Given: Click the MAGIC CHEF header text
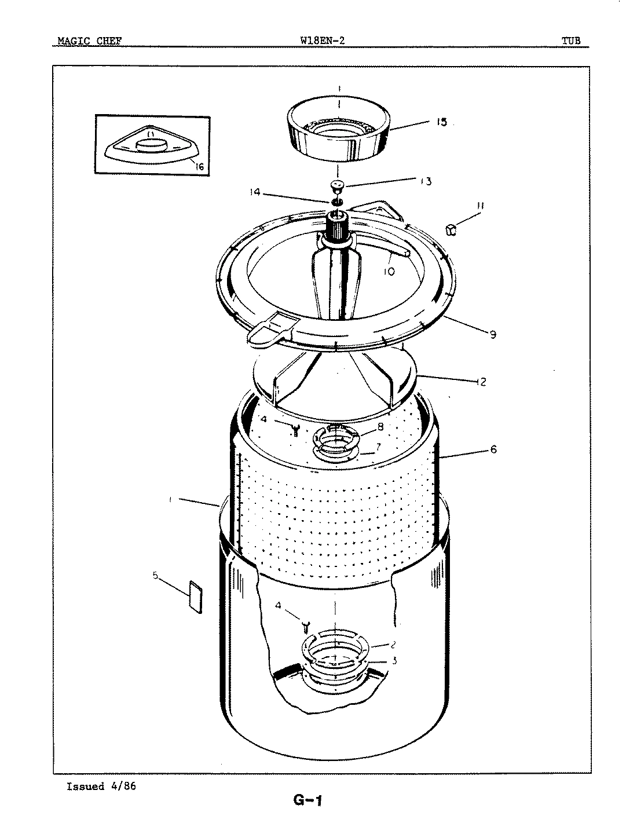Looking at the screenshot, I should click(x=89, y=41).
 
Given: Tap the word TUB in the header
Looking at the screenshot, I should click(x=570, y=41).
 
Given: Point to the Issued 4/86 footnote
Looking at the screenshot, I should click(x=101, y=787).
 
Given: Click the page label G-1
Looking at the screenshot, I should click(x=307, y=802).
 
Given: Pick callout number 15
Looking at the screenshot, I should click(x=441, y=122).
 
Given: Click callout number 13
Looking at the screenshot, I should click(x=426, y=181).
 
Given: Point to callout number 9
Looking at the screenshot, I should click(x=492, y=334).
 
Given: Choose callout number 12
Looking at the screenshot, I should click(x=480, y=382).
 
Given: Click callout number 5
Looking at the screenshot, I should click(x=155, y=575).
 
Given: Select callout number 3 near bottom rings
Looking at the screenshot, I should click(x=394, y=660).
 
